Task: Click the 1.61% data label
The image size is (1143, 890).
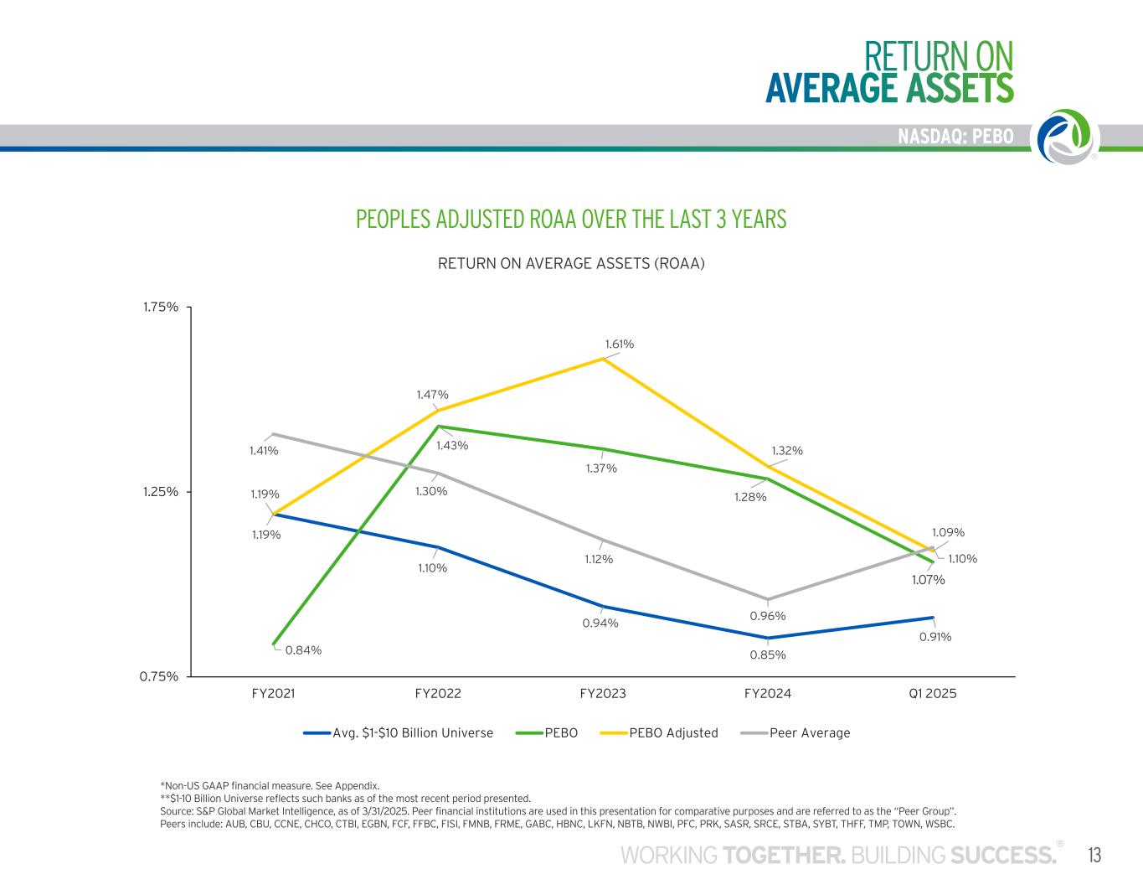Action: point(620,344)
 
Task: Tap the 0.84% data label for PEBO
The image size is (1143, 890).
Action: point(303,649)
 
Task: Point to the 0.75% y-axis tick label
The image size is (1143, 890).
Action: point(159,676)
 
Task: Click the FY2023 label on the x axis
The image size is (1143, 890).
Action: point(603,694)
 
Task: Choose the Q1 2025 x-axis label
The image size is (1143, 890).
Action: point(932,694)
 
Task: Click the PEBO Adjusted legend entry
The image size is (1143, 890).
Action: point(673,733)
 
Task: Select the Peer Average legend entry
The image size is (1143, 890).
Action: point(809,733)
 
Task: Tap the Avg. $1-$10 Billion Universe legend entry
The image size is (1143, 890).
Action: point(412,733)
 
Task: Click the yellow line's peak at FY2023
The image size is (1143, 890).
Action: point(603,359)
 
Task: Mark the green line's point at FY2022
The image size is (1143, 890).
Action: point(438,427)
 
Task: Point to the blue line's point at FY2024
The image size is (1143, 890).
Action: point(768,638)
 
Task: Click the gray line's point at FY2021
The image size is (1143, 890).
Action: point(273,434)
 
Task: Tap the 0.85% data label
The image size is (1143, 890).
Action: point(768,655)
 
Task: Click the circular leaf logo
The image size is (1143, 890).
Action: point(1066,137)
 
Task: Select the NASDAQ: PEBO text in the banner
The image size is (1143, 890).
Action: point(955,137)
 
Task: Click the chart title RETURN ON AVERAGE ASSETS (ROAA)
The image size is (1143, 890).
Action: point(572,264)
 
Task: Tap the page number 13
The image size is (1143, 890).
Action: point(1094,856)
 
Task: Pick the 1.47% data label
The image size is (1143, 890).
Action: point(433,395)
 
